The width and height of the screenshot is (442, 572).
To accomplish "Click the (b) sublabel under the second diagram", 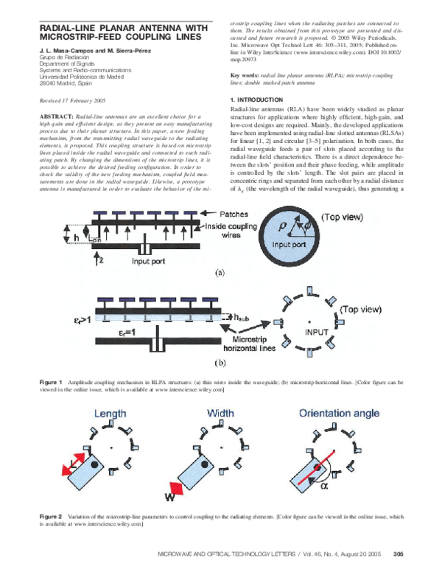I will point(219,363).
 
